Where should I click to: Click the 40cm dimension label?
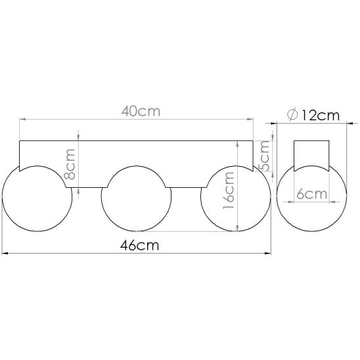coord(141,112)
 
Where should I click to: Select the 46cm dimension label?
coord(139,245)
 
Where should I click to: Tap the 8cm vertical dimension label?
coord(70,164)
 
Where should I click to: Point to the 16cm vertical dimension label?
coord(229,191)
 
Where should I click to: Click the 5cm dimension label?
coord(264,156)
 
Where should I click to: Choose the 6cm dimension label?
coord(311,194)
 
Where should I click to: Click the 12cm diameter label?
coord(320,115)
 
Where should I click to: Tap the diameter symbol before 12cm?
coord(292,115)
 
